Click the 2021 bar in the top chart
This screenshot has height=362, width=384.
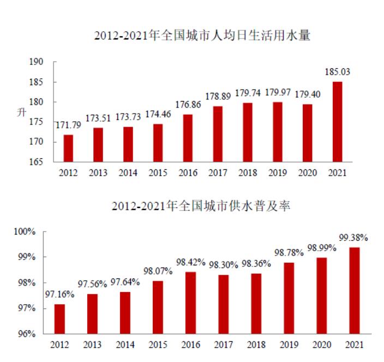pyautogui.click(x=337, y=122)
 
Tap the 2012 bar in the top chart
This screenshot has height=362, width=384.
pyautogui.click(x=68, y=148)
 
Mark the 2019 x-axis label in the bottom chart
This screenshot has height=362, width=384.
pyautogui.click(x=289, y=345)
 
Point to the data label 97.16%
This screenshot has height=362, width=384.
pyautogui.click(x=60, y=294)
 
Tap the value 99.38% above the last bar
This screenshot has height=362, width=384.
pyautogui.click(x=353, y=238)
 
